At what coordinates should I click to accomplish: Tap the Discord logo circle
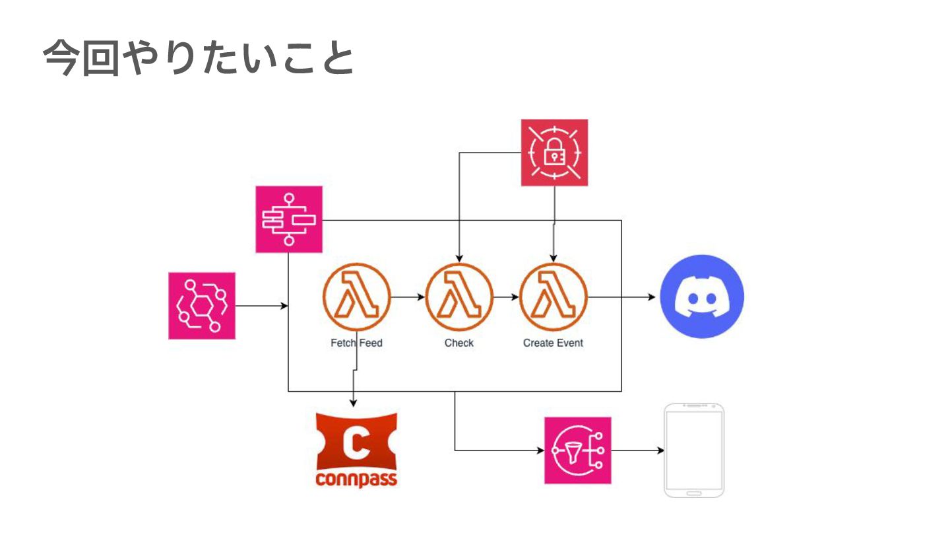click(x=701, y=297)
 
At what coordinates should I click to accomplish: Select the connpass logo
click(x=357, y=449)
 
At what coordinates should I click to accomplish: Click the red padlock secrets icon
click(x=554, y=153)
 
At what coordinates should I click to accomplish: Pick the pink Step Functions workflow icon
click(x=289, y=219)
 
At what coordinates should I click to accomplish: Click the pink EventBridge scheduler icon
click(x=202, y=306)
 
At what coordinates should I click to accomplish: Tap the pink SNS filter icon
click(x=578, y=450)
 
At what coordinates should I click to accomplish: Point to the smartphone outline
click(x=694, y=450)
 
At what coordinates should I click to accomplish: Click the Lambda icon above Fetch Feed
click(x=357, y=297)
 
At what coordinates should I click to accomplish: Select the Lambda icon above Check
click(x=459, y=297)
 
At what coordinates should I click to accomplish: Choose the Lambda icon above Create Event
click(x=554, y=297)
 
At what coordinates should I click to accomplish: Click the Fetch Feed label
click(x=356, y=343)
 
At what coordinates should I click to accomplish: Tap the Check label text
click(x=459, y=343)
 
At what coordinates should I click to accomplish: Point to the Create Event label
click(x=553, y=343)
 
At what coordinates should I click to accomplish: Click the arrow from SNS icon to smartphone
click(x=637, y=450)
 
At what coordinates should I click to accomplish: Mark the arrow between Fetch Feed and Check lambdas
click(x=408, y=297)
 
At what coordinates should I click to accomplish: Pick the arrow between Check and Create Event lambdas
click(x=507, y=297)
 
